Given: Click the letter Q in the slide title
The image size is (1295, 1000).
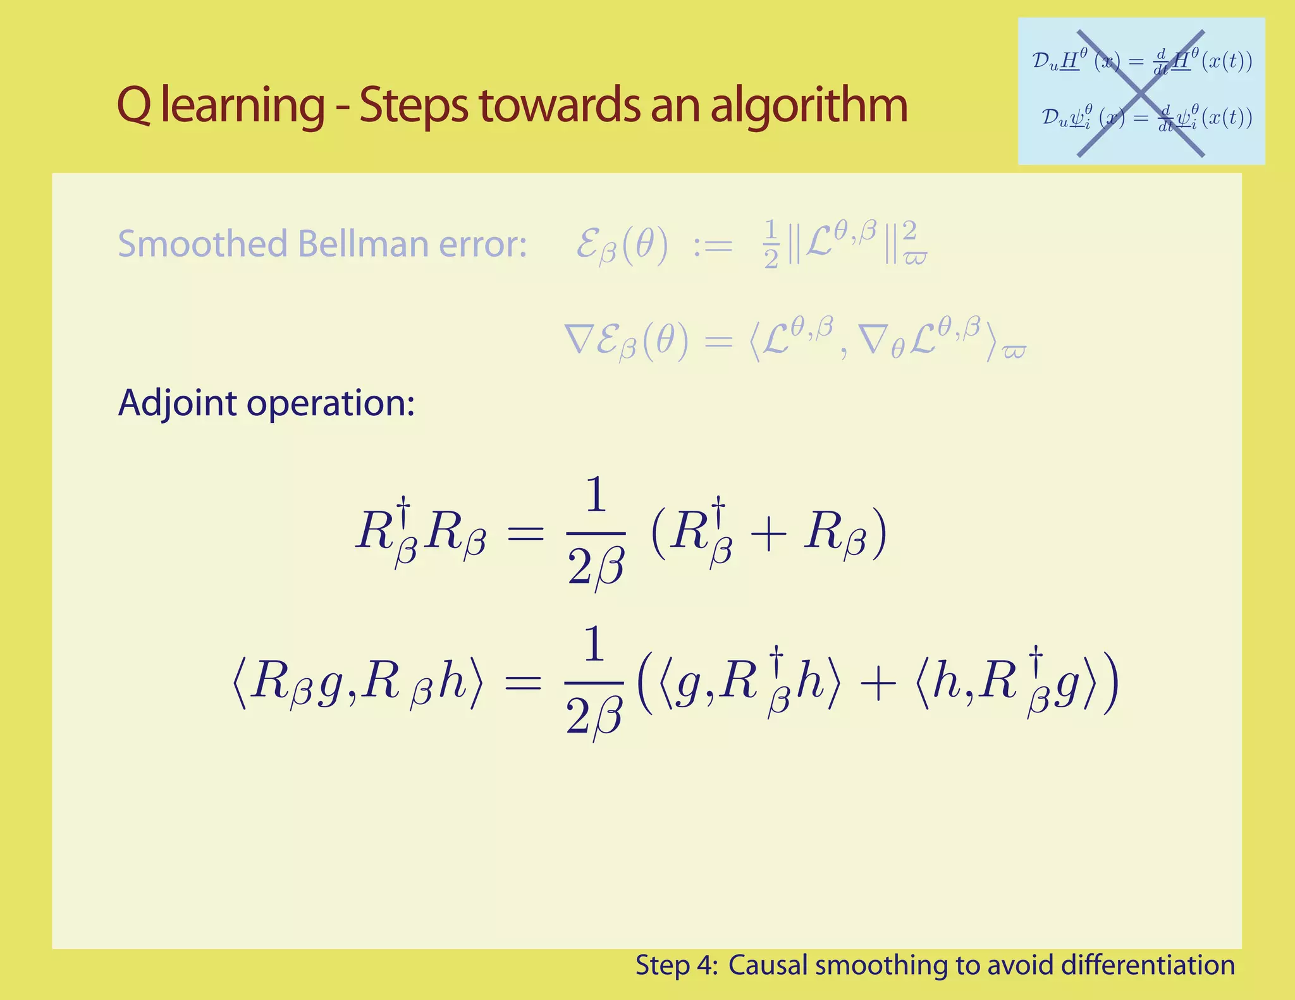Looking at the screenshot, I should point(134,106).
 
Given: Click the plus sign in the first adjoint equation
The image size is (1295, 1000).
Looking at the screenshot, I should point(768,535).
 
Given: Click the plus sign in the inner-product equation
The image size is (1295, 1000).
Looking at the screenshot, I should point(878,685).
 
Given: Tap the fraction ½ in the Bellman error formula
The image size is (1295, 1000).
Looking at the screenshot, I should point(771,244).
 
